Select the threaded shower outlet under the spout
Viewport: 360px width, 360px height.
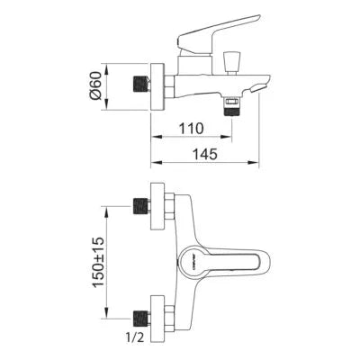231,104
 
